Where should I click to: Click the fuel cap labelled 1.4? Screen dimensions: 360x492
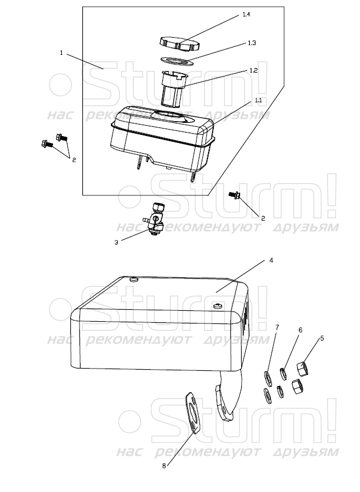(x=179, y=44)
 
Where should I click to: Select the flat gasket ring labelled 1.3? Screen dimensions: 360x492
(x=177, y=61)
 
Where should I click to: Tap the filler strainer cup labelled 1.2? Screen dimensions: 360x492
(x=174, y=87)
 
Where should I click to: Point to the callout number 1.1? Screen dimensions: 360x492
(x=258, y=101)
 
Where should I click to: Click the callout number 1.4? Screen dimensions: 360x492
(x=246, y=14)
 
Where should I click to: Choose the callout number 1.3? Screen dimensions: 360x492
(x=252, y=43)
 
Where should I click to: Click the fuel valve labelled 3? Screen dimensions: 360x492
(x=155, y=219)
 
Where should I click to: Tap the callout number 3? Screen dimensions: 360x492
(x=116, y=242)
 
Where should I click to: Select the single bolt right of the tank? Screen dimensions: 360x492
(x=234, y=195)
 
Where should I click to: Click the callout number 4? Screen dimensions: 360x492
(x=271, y=261)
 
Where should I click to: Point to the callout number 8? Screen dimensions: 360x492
(x=164, y=466)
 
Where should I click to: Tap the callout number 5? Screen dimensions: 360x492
(x=322, y=338)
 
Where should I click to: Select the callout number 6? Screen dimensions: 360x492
(x=300, y=330)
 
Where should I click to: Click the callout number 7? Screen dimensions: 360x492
(x=277, y=327)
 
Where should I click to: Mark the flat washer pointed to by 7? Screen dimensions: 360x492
(x=268, y=378)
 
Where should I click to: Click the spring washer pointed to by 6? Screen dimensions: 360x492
(x=283, y=374)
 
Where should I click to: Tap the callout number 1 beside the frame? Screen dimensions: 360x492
(x=62, y=53)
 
